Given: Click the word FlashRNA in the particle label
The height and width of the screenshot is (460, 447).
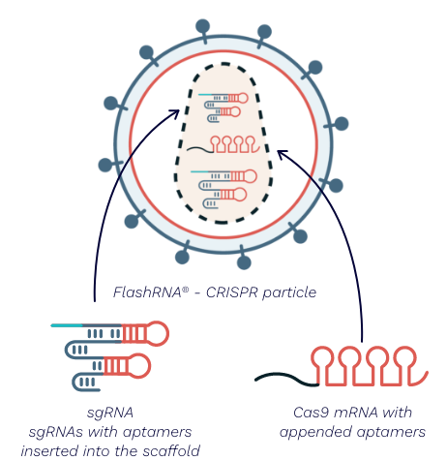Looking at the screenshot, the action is pos(147,292).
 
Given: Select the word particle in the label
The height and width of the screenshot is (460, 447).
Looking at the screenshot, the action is pos(289,293).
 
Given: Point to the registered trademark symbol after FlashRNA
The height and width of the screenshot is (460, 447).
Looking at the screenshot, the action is pos(186,290).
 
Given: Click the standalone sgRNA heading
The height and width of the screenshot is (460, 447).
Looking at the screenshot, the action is pos(110,414).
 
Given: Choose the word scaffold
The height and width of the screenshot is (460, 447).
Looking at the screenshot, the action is pos(171,450).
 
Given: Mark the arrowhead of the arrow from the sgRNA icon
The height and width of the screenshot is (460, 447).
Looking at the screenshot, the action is pos(176,112).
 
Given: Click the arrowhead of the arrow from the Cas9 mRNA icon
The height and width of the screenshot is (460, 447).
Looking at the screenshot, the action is pos(282,153).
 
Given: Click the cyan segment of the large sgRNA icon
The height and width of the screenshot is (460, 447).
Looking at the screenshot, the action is pos(67,325).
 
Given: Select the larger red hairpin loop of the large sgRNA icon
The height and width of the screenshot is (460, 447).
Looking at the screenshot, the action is pos(157,333).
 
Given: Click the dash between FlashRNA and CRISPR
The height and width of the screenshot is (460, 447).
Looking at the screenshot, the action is pos(197,293).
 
